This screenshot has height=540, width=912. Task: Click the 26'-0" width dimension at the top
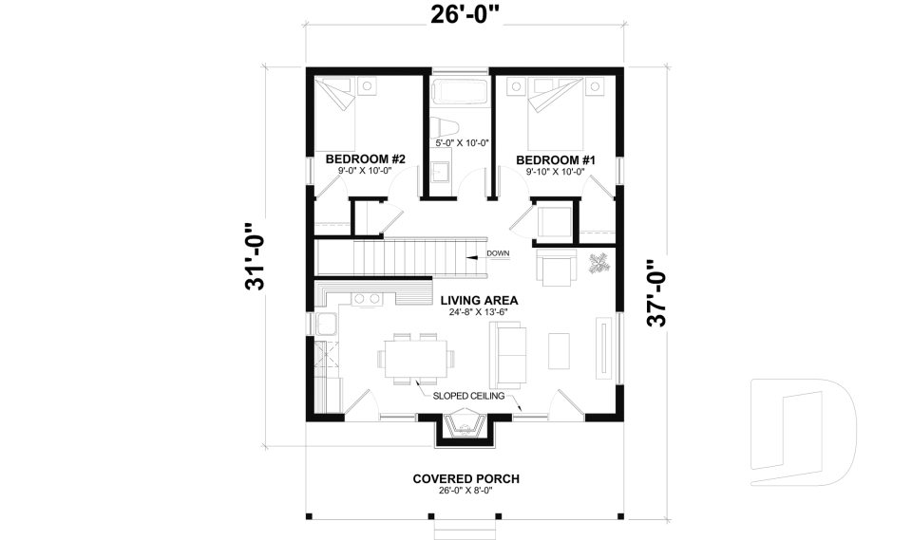point(465,16)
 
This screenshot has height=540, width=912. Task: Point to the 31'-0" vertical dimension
point(256,256)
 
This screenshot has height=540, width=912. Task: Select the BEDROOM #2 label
point(365,158)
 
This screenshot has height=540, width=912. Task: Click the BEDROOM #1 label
point(556,159)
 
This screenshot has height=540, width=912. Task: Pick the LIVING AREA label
point(479,301)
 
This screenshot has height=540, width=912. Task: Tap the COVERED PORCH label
point(465,479)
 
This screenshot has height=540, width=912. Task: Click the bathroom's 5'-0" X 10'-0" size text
point(462,142)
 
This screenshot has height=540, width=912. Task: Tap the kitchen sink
point(326,324)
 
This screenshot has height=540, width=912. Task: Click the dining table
point(416,359)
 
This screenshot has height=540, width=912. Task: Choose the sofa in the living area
point(507,355)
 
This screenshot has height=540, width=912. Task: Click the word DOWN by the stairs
point(498,253)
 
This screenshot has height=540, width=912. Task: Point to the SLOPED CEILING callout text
point(468,396)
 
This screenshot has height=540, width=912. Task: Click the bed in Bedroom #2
point(335,114)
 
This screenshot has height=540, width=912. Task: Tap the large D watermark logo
point(803,432)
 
